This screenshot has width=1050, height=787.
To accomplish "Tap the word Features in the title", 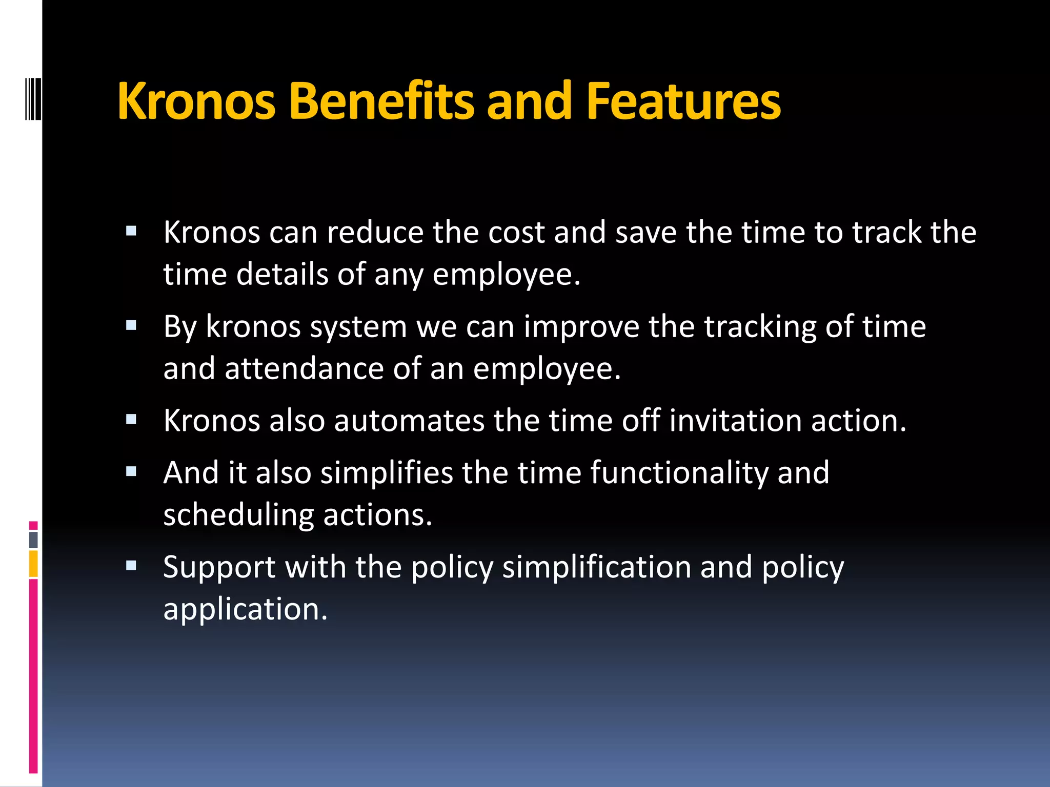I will coord(683,101).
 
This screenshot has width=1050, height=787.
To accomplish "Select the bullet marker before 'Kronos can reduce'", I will coord(131,231).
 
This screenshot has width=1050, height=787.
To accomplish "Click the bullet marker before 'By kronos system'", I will coord(131,325).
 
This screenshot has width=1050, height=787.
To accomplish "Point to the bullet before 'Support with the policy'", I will coord(131,566).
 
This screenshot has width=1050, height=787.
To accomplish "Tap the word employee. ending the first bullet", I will coord(507,275).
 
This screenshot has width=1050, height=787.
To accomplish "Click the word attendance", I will coord(304,368).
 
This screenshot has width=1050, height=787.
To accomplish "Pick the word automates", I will coord(409,421).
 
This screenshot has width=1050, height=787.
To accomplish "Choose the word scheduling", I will coord(238,515).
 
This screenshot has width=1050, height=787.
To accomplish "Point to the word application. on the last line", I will coord(245,609).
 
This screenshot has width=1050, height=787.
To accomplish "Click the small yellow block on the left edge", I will coord(33,564).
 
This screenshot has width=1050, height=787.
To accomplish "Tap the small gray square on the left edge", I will coord(33,540).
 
